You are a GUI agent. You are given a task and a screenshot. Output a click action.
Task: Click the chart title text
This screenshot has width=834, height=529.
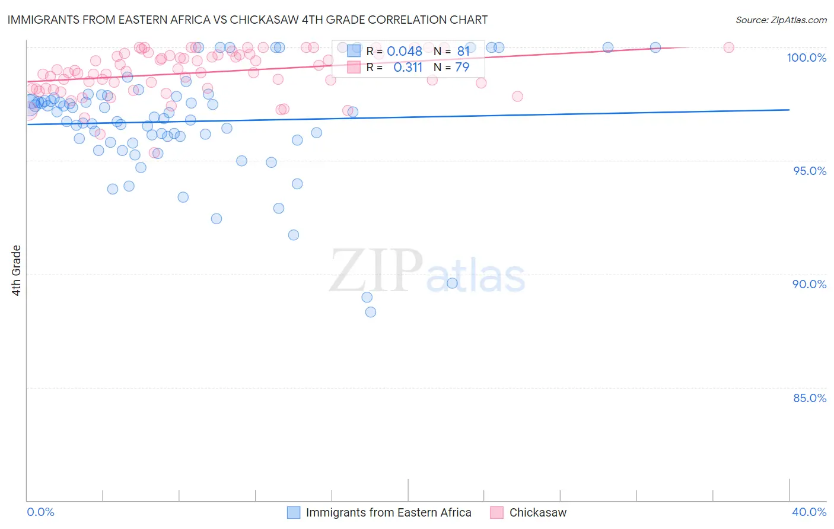pos(247,20)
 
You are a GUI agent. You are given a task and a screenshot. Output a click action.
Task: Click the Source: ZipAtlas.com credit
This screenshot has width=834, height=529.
pos(781,20)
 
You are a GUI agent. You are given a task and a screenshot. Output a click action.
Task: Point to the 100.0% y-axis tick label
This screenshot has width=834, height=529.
pos(806,58)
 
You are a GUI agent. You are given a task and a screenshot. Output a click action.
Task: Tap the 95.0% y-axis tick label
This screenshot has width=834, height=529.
pos(810,171)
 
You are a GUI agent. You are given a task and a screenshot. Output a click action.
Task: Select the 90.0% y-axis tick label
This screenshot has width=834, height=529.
pos(809,284)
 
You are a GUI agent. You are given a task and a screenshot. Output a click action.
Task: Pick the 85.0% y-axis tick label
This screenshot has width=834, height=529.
pos(810,398)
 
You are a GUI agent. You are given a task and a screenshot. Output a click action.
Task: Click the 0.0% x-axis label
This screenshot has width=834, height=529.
pos(40,512)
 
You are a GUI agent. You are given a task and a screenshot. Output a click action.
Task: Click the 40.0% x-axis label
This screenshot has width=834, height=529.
pos(809,512)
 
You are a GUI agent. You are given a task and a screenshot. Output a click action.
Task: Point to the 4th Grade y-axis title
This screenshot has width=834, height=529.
pos(17,270)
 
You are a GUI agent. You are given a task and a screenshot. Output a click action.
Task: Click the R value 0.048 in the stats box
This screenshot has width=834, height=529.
pos(405,52)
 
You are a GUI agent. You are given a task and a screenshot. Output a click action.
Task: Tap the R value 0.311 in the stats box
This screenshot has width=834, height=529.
pos(408,68)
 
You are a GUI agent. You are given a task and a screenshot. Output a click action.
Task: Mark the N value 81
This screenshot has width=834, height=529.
pos(463,52)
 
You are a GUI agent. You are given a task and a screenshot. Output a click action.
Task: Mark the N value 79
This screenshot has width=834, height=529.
pos(462,68)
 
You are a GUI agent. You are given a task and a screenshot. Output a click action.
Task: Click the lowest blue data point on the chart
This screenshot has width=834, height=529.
pos(371,312)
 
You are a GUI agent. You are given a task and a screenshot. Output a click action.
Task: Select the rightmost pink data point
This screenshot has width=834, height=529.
pos(729,47)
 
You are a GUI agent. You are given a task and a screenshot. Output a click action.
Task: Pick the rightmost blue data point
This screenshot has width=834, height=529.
pos(655,47)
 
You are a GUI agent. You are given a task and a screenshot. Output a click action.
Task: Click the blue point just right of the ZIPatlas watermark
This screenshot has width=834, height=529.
pos(452,283)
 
